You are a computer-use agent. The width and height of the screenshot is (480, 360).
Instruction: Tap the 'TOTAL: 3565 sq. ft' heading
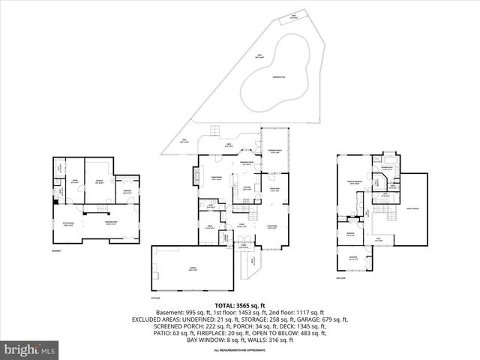click(x=239, y=305)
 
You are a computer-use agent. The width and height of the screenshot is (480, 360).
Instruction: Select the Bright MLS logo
click(x=30, y=349)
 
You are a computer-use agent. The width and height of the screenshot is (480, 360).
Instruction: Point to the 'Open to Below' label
click(x=412, y=207)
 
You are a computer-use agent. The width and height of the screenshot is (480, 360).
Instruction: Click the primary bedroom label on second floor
click(x=355, y=181)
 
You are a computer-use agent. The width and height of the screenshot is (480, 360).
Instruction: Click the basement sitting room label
click(x=68, y=222)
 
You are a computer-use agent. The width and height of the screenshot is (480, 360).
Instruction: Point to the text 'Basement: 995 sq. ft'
click(x=181, y=312)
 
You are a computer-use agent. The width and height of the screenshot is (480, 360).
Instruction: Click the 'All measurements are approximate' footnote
click(x=239, y=350)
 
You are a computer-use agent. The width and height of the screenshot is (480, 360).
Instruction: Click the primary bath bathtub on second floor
click(x=390, y=160)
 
